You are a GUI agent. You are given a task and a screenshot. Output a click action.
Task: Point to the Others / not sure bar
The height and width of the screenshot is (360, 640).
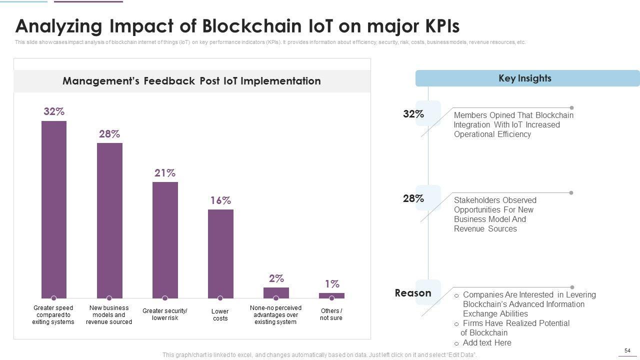pyautogui.click(x=331, y=295)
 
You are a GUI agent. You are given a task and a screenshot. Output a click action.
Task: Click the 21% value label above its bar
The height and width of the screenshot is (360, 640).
pyautogui.click(x=165, y=173)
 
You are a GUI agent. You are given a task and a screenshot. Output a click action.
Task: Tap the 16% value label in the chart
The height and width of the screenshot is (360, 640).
pyautogui.click(x=220, y=200)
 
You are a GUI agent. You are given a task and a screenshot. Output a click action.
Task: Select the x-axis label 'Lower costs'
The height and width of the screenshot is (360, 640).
pyautogui.click(x=220, y=315)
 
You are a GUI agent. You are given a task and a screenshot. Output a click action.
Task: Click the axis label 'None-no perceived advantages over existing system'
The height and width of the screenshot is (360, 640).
pyautogui.click(x=275, y=315)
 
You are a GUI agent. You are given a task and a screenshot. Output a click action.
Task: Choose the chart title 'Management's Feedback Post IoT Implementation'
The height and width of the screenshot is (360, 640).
pyautogui.click(x=191, y=81)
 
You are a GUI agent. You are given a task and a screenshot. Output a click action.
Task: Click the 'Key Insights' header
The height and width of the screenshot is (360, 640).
pyautogui.click(x=525, y=78)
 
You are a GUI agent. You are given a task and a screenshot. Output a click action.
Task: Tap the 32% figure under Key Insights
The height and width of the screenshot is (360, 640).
pyautogui.click(x=413, y=114)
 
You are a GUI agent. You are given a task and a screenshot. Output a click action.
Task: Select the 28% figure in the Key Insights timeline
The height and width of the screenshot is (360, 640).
pyautogui.click(x=413, y=198)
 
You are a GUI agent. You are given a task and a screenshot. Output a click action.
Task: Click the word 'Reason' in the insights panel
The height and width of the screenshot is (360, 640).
pyautogui.click(x=413, y=293)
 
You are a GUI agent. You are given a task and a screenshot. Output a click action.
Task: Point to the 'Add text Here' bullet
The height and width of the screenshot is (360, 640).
pyautogui.click(x=487, y=342)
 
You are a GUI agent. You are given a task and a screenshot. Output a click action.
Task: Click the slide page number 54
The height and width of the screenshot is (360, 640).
pyautogui.click(x=627, y=351)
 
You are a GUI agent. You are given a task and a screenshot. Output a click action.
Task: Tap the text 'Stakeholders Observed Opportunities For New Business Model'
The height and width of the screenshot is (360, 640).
pyautogui.click(x=495, y=214)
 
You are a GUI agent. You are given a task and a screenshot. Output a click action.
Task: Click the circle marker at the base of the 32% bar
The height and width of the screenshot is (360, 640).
pyautogui.click(x=54, y=298)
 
